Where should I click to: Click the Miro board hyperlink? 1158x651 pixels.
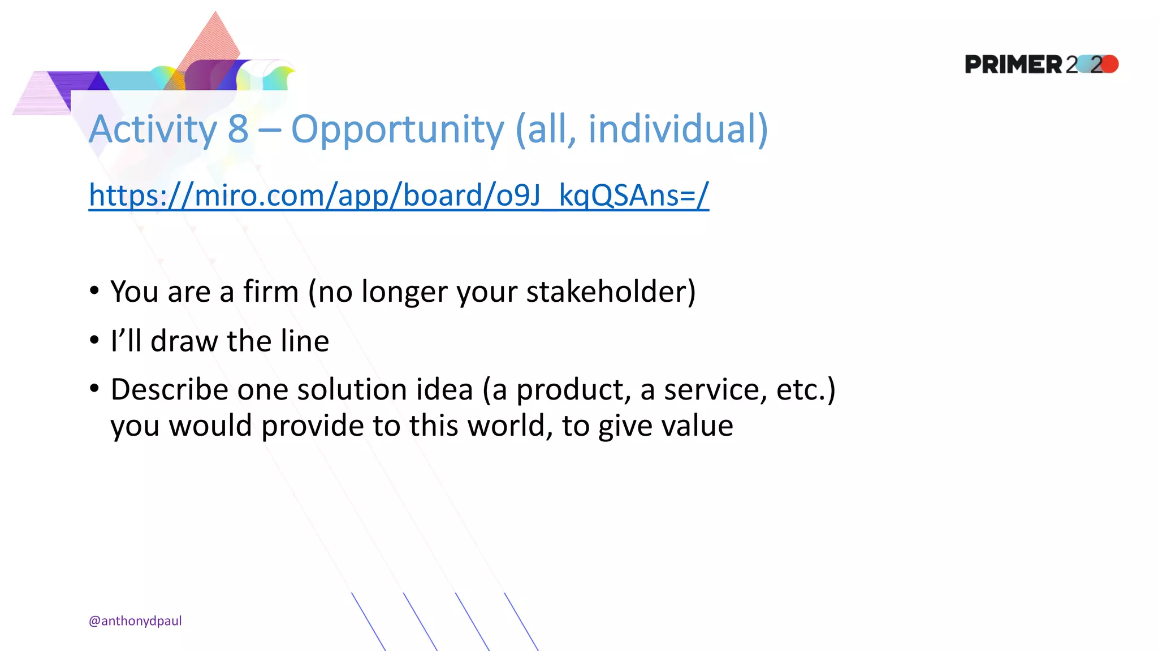click(399, 196)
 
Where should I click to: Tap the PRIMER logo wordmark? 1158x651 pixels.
click(1013, 64)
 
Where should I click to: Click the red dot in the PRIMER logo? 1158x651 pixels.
click(1109, 64)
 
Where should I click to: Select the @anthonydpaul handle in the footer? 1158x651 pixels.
click(135, 621)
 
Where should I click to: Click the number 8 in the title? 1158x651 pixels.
click(238, 129)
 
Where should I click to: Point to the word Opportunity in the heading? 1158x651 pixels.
click(397, 130)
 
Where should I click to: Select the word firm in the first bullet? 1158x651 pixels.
click(270, 292)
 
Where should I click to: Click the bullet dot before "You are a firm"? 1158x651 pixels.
click(94, 291)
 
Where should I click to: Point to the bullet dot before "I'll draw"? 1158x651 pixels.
click(94, 340)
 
